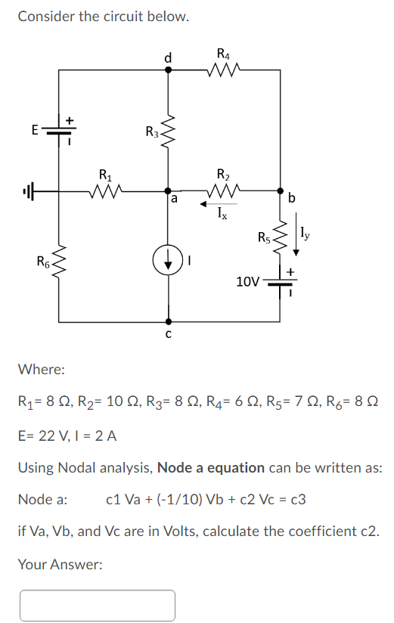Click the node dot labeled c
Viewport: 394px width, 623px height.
[x=168, y=321]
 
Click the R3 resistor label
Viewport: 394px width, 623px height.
[x=152, y=133]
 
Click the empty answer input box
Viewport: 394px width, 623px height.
[x=98, y=605]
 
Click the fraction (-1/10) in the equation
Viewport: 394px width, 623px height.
[x=167, y=499]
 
